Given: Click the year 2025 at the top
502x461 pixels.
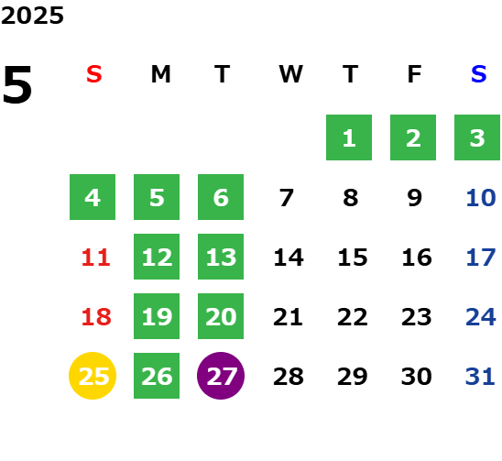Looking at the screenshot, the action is point(32,16).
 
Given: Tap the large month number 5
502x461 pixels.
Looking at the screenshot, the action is point(17,84).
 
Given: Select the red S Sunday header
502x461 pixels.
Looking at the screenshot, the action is point(94,74).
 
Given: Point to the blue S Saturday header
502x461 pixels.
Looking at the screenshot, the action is point(478,74).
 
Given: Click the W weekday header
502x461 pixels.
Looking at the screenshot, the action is point(290,74).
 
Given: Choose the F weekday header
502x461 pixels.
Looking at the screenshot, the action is point(415,74).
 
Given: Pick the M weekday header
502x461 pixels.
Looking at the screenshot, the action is point(160,74).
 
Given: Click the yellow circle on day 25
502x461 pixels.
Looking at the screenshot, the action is point(93,376).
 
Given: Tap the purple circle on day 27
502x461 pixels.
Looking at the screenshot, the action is point(221,376).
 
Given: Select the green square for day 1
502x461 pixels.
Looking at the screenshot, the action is point(349,137).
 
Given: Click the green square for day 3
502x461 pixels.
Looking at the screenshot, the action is point(477,137).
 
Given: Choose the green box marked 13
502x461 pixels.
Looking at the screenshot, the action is point(221,257).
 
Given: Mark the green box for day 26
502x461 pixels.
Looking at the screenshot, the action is point(157,376).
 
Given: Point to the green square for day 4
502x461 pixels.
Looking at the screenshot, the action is point(93,197).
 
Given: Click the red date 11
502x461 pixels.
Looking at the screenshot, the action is point(95,258).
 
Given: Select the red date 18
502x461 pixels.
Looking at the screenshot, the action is point(96,317).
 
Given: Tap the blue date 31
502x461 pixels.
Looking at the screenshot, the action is point(480,377).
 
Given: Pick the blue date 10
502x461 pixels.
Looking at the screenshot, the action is point(481,198).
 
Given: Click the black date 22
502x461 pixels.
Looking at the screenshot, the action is point(353,317).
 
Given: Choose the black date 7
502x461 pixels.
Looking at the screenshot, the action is point(286,198).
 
